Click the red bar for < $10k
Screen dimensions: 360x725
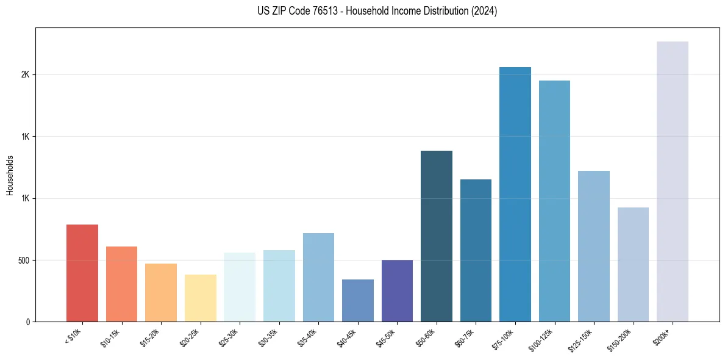(x=82, y=273)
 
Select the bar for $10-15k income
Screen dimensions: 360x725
(x=121, y=284)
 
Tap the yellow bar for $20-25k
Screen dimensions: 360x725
(x=200, y=298)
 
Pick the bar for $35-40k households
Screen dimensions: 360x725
(x=318, y=278)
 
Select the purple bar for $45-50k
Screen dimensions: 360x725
(x=397, y=291)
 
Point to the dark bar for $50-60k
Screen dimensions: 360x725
(x=437, y=236)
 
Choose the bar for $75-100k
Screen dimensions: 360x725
(x=515, y=195)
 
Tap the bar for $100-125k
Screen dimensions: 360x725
(x=554, y=201)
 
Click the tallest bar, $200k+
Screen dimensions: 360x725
(x=673, y=182)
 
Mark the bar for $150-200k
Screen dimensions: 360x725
(x=633, y=265)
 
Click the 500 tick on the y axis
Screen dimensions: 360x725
(x=24, y=261)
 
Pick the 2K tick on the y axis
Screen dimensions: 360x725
(x=26, y=75)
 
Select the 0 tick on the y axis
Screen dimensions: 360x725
(x=28, y=322)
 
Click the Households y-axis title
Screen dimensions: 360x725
(x=10, y=175)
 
